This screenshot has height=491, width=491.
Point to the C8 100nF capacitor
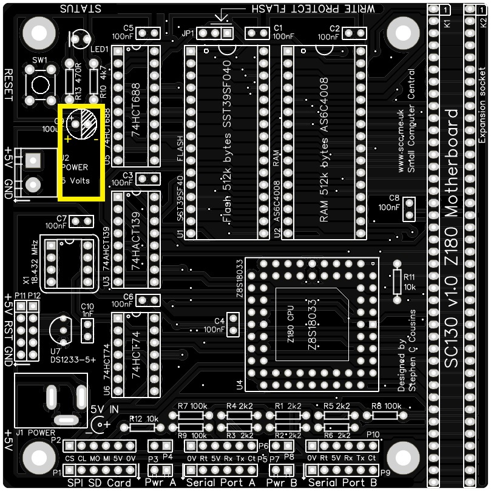pos(409,209)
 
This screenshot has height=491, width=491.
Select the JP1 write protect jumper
pos(215,32)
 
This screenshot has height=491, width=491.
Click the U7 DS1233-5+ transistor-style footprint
pos(61,330)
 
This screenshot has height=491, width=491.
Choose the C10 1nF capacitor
pos(87,330)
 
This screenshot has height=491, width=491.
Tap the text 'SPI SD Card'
pos(99,483)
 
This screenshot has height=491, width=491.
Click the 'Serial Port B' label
pos(343,483)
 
